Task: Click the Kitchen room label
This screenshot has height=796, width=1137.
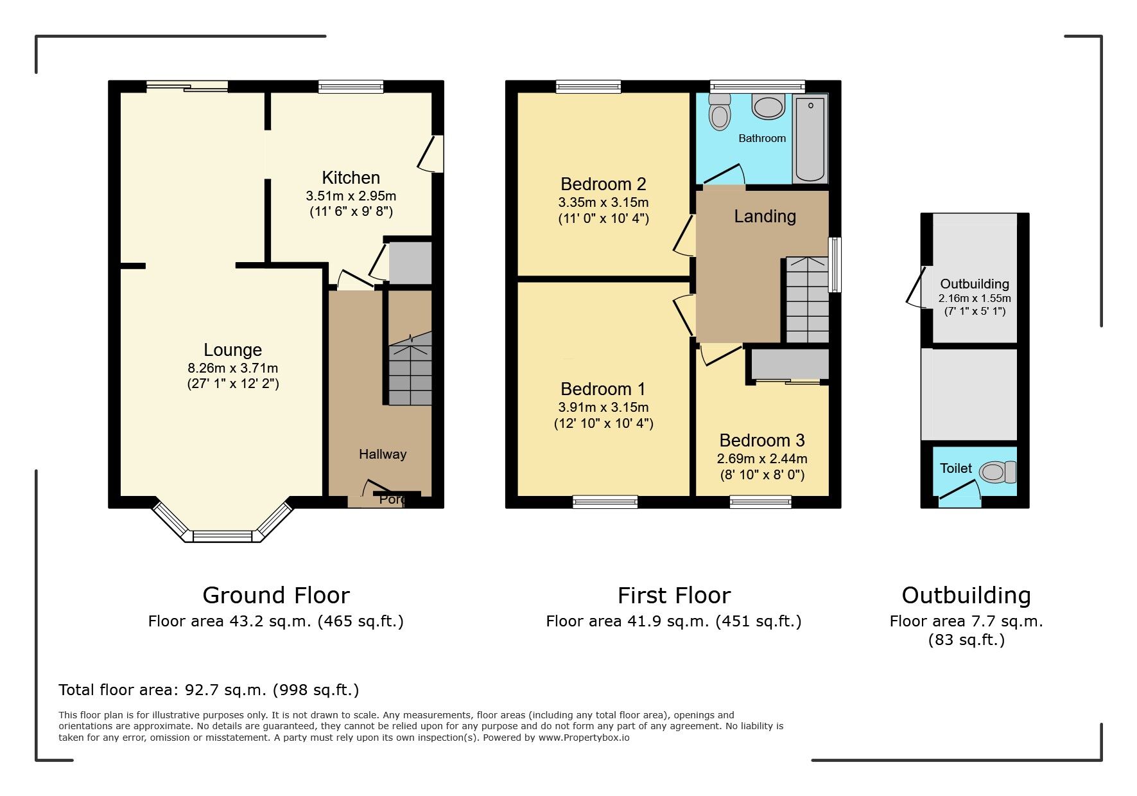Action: click(x=351, y=178)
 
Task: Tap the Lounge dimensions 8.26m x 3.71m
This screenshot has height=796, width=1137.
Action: click(x=232, y=368)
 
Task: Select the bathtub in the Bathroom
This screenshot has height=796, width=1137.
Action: click(x=810, y=138)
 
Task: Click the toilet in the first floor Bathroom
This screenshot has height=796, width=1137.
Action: click(x=720, y=114)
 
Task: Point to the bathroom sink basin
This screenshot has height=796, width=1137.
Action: click(x=768, y=106)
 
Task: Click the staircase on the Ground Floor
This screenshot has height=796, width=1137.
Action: click(x=410, y=373)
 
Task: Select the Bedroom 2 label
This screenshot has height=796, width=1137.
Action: click(x=603, y=184)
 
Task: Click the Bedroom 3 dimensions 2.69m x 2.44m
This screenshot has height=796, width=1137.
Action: click(x=762, y=459)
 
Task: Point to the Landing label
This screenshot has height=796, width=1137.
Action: click(x=765, y=217)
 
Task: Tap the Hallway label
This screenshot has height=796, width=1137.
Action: click(x=383, y=454)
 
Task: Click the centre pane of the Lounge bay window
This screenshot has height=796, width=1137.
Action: click(x=223, y=536)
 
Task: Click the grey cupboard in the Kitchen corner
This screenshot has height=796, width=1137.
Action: click(x=410, y=262)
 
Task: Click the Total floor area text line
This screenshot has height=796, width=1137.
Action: click(x=209, y=690)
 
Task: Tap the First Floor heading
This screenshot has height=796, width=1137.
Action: click(x=673, y=596)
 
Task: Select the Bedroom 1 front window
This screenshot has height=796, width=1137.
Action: click(x=605, y=502)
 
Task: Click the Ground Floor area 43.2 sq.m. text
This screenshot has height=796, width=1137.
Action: click(x=275, y=621)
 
